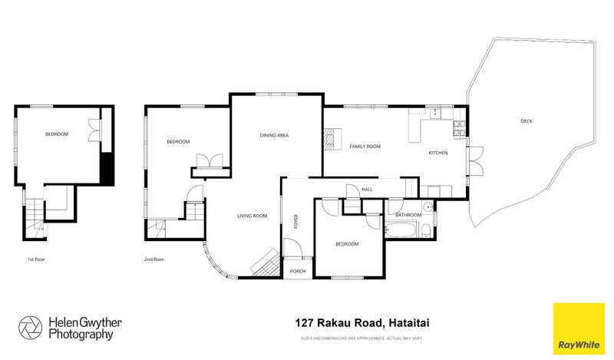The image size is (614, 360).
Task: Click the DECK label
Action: pyautogui.click(x=526, y=121)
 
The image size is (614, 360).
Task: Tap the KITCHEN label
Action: pyautogui.click(x=438, y=154)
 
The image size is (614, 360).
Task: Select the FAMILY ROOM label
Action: pyautogui.click(x=365, y=146)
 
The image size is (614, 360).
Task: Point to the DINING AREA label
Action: pyautogui.click(x=274, y=135)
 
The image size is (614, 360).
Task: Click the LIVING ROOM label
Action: pyautogui.click(x=252, y=216)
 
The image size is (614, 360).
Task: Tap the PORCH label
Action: pyautogui.click(x=297, y=271)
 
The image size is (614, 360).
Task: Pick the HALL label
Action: pyautogui.click(x=367, y=189)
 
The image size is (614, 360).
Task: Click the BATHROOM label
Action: pyautogui.click(x=408, y=215)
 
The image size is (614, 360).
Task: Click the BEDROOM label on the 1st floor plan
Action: pyautogui.click(x=57, y=134)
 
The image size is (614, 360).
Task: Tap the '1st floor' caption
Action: pyautogui.click(x=36, y=259)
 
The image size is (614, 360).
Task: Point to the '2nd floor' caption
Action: pyautogui.click(x=154, y=259)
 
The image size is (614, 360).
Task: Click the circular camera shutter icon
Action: pyautogui.click(x=31, y=328)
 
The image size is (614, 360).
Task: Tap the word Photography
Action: pyautogui.click(x=81, y=335)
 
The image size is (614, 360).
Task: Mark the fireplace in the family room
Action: pyautogui.click(x=331, y=138)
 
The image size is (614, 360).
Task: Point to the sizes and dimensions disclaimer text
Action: pyautogui.click(x=361, y=338)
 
